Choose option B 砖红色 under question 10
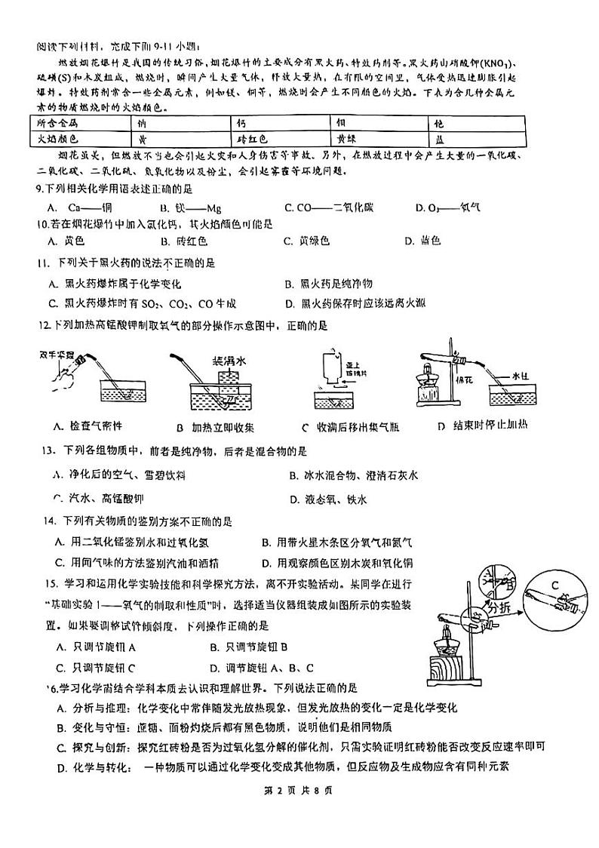pyautogui.click(x=182, y=241)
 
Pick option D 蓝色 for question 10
pyautogui.click(x=422, y=241)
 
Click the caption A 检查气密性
pyautogui.click(x=88, y=427)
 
